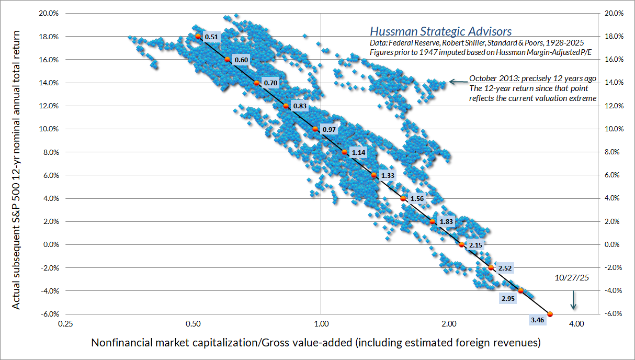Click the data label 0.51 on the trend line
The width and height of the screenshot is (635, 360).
(x=212, y=37)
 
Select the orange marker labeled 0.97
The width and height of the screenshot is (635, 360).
(x=315, y=129)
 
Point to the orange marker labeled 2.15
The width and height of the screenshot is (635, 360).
(x=461, y=244)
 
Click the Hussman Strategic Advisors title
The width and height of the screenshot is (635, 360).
(x=440, y=32)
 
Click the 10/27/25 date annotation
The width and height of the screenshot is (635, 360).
(x=572, y=278)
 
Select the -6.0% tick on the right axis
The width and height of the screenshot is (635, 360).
(x=612, y=314)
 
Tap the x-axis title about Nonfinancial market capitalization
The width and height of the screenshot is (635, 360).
(x=315, y=343)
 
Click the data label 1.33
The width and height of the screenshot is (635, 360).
(x=388, y=176)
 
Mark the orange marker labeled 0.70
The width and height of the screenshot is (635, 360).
(x=256, y=83)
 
